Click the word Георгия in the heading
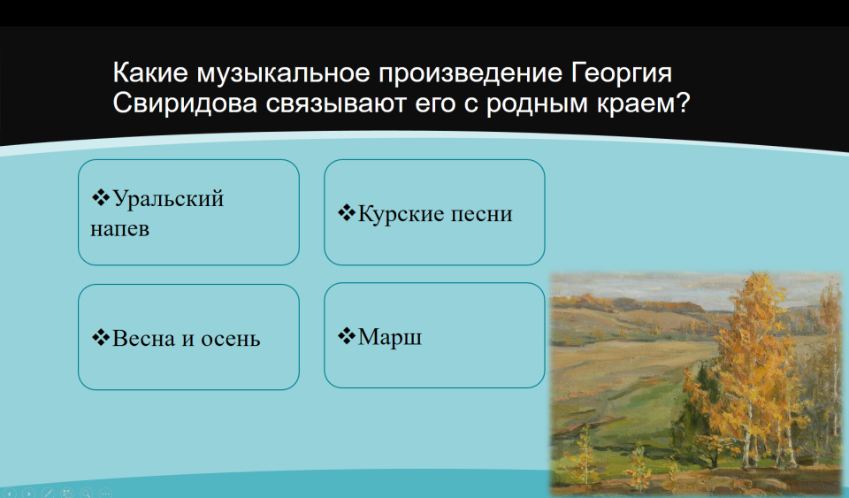(622, 73)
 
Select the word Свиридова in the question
(185, 103)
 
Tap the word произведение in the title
(470, 73)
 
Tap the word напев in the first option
(119, 229)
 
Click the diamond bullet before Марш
(347, 335)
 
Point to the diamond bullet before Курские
(347, 212)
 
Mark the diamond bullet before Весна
(101, 337)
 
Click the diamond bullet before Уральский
(101, 197)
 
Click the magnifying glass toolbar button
(86, 493)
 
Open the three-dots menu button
(105, 493)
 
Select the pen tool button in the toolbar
(48, 493)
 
